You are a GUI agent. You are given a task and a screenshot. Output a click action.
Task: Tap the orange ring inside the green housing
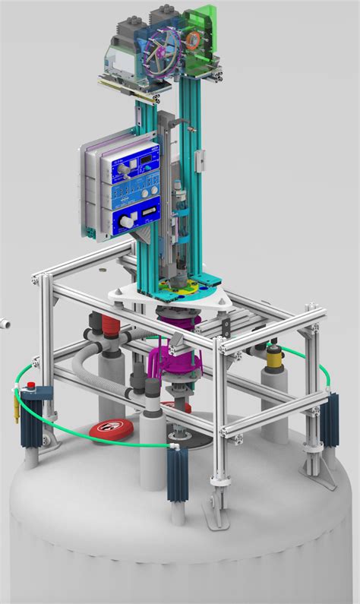[194, 39]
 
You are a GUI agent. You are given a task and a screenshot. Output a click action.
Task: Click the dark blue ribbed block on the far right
[329, 419]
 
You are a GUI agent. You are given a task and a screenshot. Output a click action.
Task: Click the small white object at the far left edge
[3, 322]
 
